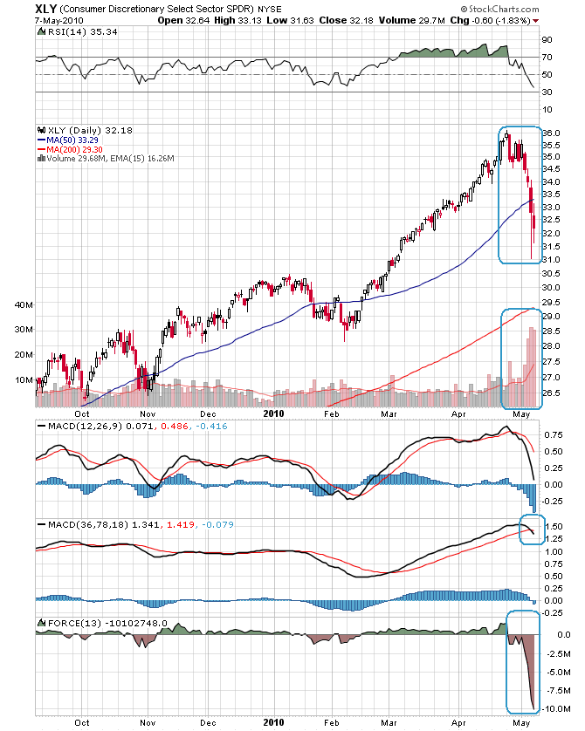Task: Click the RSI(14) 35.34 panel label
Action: [78, 31]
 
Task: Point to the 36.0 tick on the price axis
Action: [551, 133]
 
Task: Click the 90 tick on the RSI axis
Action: [547, 39]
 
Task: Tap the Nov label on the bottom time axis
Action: [147, 722]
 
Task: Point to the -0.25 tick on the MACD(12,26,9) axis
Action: [553, 501]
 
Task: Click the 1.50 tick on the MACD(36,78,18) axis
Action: [552, 528]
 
